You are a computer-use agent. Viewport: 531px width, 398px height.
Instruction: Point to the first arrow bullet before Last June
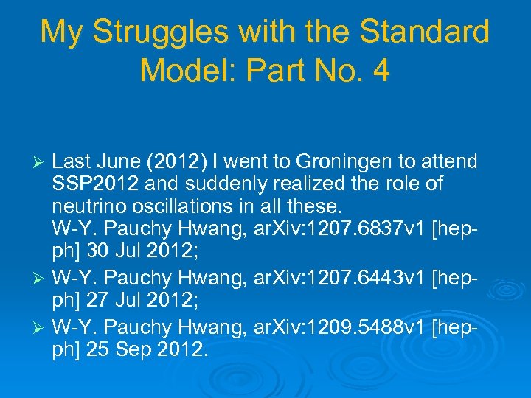[x=41, y=161]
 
